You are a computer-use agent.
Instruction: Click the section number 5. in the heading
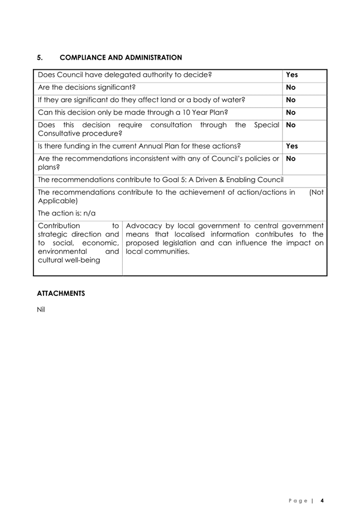40,57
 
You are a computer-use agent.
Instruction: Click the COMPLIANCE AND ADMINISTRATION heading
121,57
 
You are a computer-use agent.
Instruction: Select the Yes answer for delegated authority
292,74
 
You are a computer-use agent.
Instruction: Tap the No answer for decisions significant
290,87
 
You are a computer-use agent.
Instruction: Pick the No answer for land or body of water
290,100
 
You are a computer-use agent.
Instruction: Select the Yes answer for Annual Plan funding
292,146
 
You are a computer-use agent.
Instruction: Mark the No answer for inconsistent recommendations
290,159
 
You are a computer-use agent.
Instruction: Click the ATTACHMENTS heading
61,293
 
